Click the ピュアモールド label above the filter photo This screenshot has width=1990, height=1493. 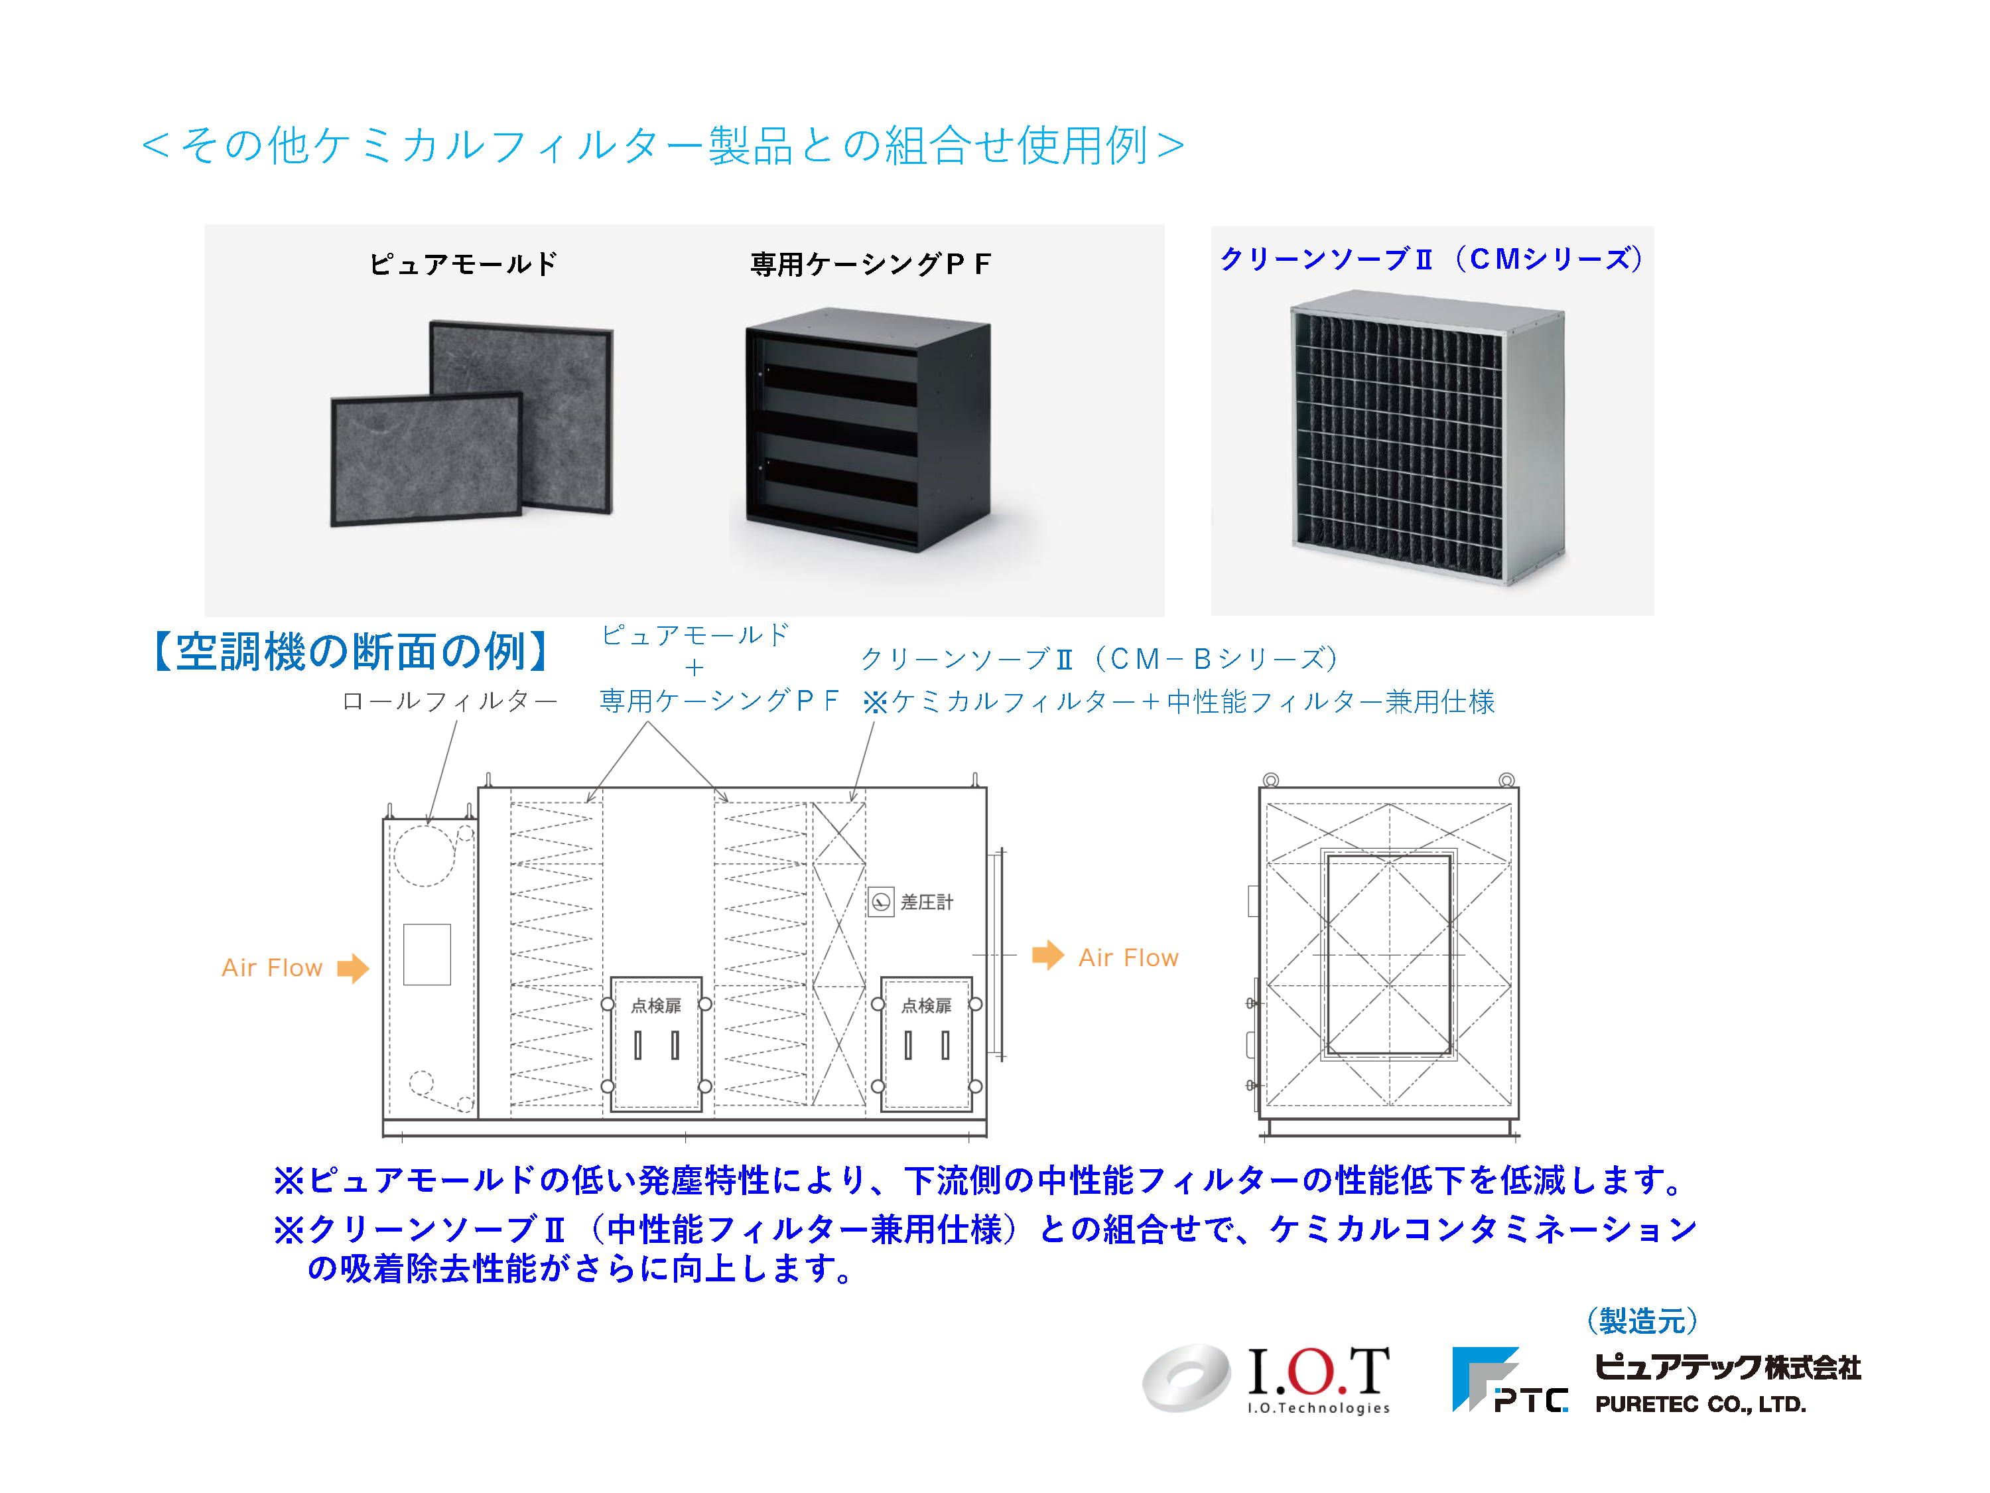click(463, 263)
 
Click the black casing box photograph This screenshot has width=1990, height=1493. click(868, 429)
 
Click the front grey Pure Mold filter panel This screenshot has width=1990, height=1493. click(427, 459)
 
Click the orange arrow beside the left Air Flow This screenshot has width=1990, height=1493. click(353, 968)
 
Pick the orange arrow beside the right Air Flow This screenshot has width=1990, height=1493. click(1048, 955)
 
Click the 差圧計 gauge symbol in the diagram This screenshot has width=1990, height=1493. click(881, 902)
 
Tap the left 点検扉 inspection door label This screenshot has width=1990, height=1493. click(656, 1005)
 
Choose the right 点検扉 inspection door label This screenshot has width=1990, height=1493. click(927, 1005)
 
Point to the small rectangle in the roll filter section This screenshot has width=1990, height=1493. click(427, 955)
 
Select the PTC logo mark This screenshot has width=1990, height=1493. click(1510, 1380)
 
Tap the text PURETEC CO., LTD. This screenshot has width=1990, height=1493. click(1700, 1404)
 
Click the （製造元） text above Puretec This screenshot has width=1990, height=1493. click(1642, 1320)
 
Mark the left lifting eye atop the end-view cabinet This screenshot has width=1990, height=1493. click(1271, 780)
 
